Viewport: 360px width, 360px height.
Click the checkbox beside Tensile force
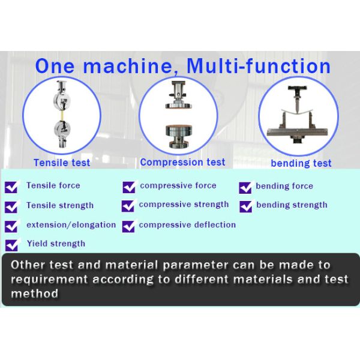pyautogui.click(x=11, y=187)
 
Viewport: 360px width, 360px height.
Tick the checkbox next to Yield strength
pyautogui.click(x=11, y=245)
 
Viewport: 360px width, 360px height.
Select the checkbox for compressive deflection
pyautogui.click(x=128, y=226)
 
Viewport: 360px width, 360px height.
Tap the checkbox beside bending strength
pyautogui.click(x=245, y=206)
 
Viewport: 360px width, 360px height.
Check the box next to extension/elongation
pyautogui.click(x=11, y=226)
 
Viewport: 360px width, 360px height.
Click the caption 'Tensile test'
pyautogui.click(x=62, y=163)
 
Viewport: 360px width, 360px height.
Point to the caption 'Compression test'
pyautogui.click(x=182, y=162)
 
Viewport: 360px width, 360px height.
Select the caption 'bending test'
pyautogui.click(x=301, y=163)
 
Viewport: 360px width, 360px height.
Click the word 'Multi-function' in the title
pyautogui.click(x=259, y=66)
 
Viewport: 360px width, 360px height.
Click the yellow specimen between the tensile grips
pyautogui.click(x=62, y=116)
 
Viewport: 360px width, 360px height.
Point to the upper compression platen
pyautogui.click(x=178, y=106)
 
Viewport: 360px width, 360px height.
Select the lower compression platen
pyautogui.click(x=179, y=130)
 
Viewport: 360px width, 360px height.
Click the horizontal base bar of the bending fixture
pyautogui.click(x=297, y=132)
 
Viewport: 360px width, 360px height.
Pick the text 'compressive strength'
pyautogui.click(x=184, y=205)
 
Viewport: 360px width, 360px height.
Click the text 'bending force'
pyautogui.click(x=284, y=186)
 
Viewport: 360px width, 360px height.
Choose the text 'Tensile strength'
pyautogui.click(x=60, y=205)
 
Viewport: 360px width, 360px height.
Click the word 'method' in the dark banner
pyautogui.click(x=34, y=293)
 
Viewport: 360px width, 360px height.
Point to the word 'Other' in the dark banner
pyautogui.click(x=28, y=265)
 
